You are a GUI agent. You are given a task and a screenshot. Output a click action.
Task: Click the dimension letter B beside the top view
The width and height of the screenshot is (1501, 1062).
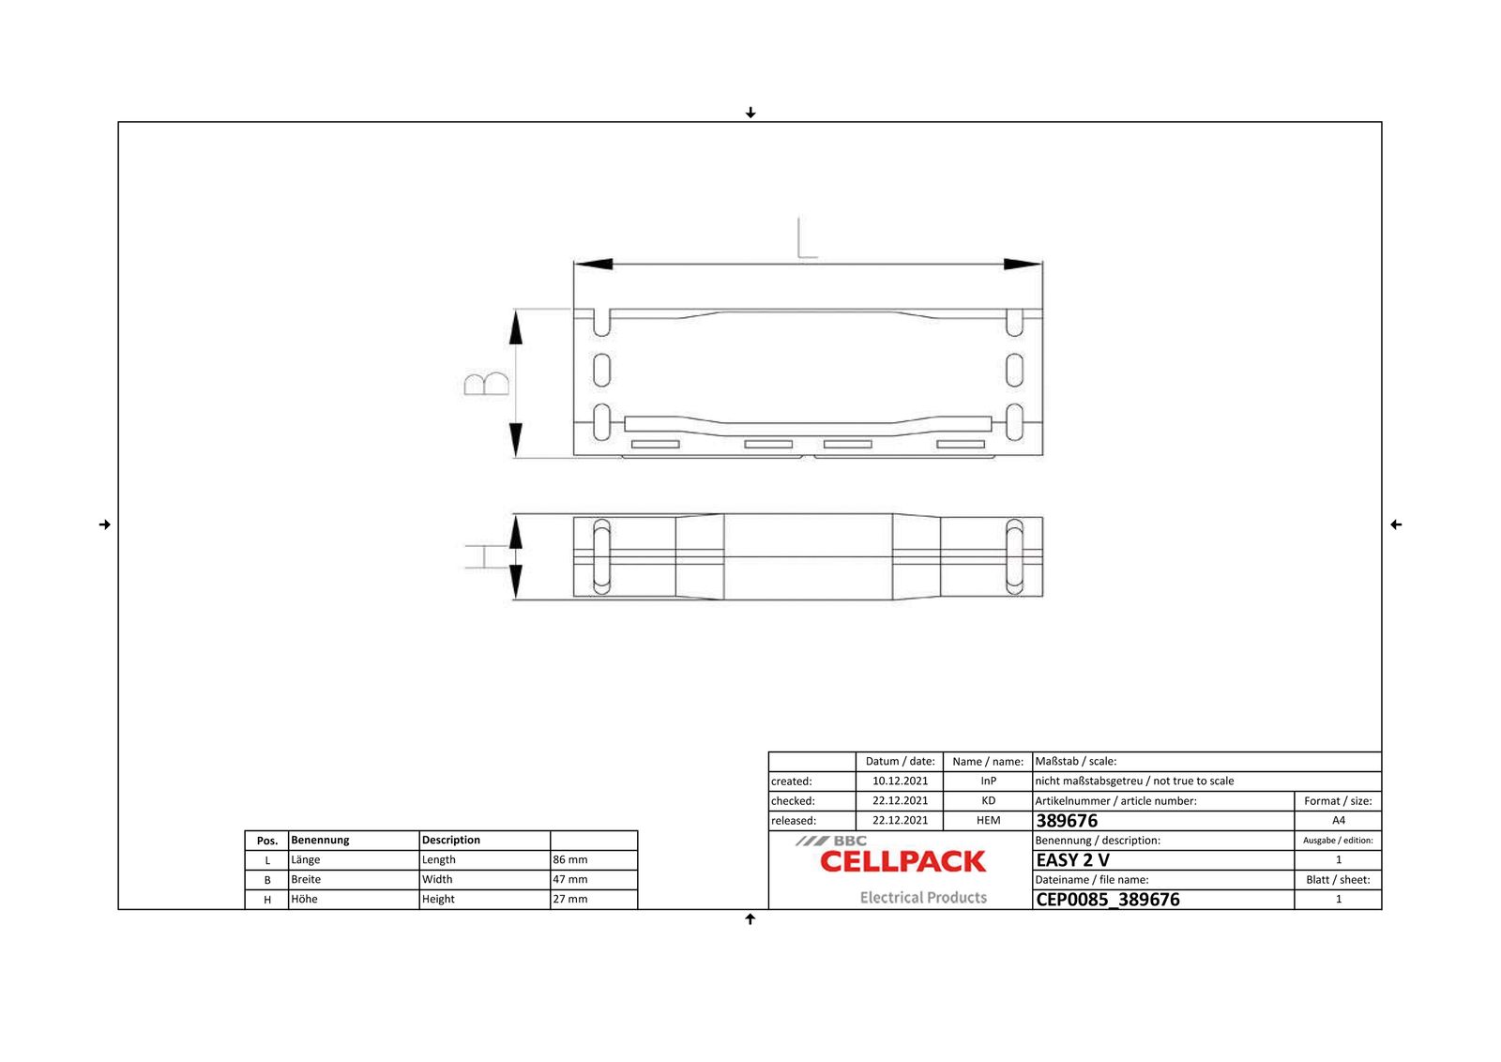tap(487, 384)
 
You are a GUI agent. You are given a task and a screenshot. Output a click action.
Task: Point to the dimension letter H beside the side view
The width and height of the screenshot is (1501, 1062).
tap(477, 556)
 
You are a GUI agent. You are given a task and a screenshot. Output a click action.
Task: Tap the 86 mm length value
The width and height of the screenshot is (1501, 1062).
tap(569, 859)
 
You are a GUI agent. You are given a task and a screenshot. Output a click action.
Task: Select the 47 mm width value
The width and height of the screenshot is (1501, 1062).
tap(569, 879)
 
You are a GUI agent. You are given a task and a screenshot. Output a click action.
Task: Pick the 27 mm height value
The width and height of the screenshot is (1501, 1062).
tap(569, 899)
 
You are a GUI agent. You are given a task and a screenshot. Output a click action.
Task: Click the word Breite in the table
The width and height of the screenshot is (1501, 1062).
tap(306, 879)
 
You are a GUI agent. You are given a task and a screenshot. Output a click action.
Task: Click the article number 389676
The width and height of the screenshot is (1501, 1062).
tap(1067, 820)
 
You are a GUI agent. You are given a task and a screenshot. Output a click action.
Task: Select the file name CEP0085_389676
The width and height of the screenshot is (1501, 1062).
tap(1107, 899)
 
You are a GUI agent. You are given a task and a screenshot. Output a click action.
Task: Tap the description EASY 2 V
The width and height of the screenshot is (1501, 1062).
tap(1072, 859)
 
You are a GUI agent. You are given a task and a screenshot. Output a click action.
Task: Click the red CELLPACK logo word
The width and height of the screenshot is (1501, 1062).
tap(902, 861)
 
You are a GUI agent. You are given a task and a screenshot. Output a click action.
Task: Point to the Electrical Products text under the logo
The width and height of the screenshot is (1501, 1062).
tap(923, 897)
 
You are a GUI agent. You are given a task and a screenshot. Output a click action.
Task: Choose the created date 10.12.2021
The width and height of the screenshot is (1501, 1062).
tap(900, 781)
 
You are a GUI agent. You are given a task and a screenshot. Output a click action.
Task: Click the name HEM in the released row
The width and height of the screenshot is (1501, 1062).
tap(988, 820)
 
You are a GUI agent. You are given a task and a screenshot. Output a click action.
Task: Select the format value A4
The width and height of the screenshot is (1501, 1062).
tap(1338, 820)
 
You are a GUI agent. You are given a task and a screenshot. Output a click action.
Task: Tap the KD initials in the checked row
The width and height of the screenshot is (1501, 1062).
tap(988, 800)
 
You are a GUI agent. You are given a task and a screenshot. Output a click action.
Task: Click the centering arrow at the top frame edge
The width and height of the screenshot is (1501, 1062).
tap(750, 113)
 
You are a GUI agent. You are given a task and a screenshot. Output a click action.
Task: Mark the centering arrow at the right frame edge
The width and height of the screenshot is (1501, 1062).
tap(1395, 524)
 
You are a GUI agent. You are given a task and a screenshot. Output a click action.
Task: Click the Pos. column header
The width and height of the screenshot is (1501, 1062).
tap(267, 841)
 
